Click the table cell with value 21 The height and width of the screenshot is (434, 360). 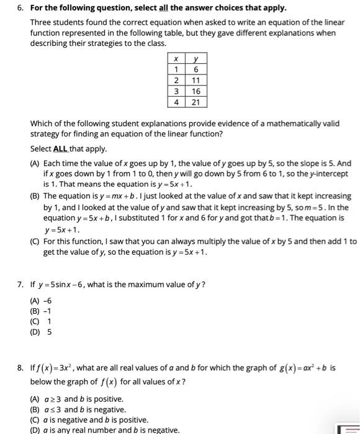pos(196,102)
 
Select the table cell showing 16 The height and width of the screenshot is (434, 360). pos(196,91)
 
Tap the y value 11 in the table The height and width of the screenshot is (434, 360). pos(196,81)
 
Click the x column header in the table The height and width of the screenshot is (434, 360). pos(176,59)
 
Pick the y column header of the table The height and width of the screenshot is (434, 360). pos(196,59)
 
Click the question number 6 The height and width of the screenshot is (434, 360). pos(20,8)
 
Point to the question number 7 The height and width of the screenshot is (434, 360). pos(20,285)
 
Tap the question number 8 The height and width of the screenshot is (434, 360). pos(20,368)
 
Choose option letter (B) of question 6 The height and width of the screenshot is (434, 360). pos(36,196)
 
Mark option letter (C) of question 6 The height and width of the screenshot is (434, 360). pos(36,241)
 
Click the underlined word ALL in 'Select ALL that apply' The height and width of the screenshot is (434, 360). pos(60,149)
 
